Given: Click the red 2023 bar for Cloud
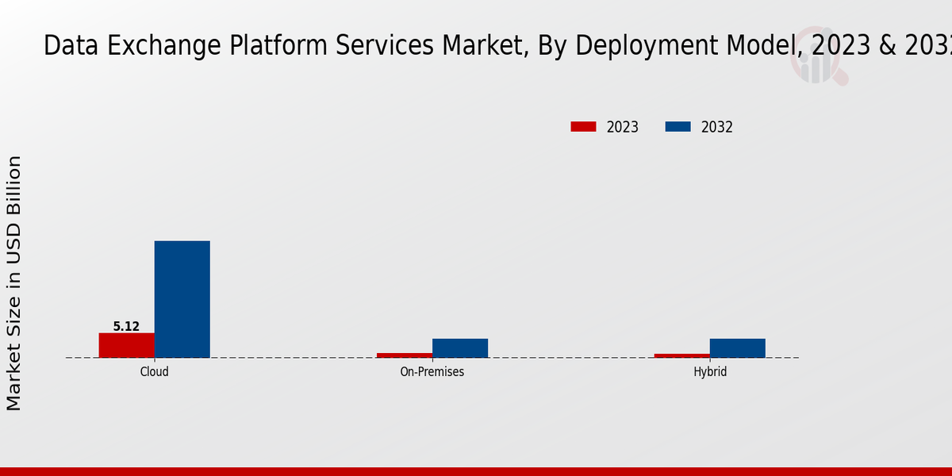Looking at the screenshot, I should click(x=127, y=345).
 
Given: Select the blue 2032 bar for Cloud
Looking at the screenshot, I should click(x=182, y=299).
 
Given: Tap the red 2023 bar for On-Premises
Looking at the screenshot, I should click(x=405, y=355).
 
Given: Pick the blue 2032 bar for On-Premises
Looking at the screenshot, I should click(x=460, y=347).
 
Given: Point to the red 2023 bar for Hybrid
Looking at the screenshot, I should click(x=682, y=355).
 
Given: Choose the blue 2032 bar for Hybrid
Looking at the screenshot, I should click(x=738, y=347).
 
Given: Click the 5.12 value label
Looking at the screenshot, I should click(x=126, y=326).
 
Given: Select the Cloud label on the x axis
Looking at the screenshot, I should click(x=155, y=371).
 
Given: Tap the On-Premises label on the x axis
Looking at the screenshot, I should click(x=432, y=371).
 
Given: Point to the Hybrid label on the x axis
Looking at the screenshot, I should click(x=710, y=371).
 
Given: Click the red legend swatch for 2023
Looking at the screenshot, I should click(x=583, y=127).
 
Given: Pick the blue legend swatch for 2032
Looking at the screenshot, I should click(x=678, y=127).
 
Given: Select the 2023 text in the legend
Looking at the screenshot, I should click(x=623, y=127).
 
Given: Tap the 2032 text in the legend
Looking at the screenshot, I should click(x=717, y=127).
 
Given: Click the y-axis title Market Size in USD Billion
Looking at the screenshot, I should click(x=14, y=283).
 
